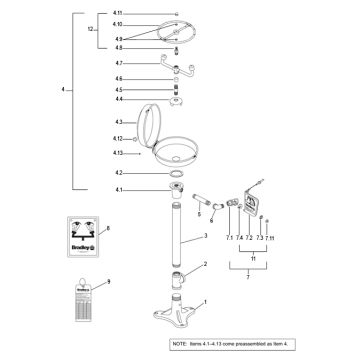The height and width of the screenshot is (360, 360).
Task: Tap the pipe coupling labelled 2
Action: click(x=180, y=277)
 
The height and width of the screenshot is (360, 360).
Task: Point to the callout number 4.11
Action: click(x=118, y=12)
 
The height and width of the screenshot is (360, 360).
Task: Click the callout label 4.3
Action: click(x=117, y=121)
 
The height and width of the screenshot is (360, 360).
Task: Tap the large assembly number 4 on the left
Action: click(x=62, y=90)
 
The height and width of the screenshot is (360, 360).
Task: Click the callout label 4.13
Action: click(x=118, y=153)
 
